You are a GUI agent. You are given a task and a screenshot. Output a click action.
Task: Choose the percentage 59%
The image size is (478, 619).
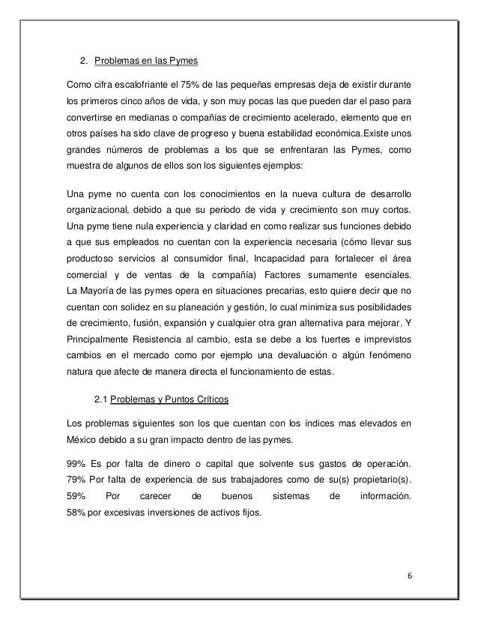point(78,495)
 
